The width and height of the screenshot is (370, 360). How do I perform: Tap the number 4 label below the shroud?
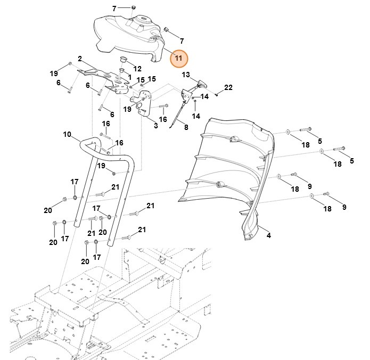click(x=268, y=235)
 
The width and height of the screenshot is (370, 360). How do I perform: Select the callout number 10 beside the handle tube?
click(x=67, y=134)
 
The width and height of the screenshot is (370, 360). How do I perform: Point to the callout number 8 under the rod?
click(x=186, y=127)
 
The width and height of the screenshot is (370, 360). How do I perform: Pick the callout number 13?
click(x=186, y=74)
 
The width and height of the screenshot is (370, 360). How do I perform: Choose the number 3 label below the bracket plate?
click(x=155, y=126)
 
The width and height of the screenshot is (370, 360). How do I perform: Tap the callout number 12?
click(x=137, y=69)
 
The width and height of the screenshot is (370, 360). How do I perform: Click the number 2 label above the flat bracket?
click(x=79, y=59)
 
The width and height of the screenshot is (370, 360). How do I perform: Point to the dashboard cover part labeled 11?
click(x=128, y=35)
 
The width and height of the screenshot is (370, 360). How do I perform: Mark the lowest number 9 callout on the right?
click(x=344, y=207)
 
